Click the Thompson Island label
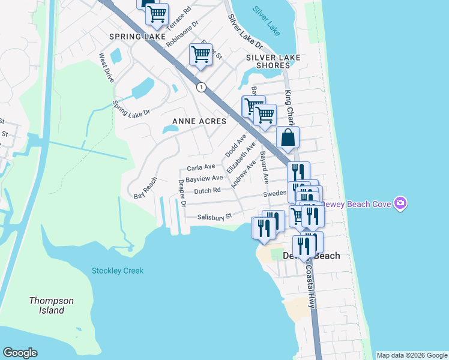click(x=52, y=305)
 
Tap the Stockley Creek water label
click(x=118, y=271)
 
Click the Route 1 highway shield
click(x=201, y=87)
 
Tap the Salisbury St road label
click(x=214, y=217)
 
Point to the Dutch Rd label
click(x=207, y=191)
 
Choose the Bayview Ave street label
click(x=204, y=179)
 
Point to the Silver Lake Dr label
click(x=245, y=32)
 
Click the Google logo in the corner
click(x=20, y=353)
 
